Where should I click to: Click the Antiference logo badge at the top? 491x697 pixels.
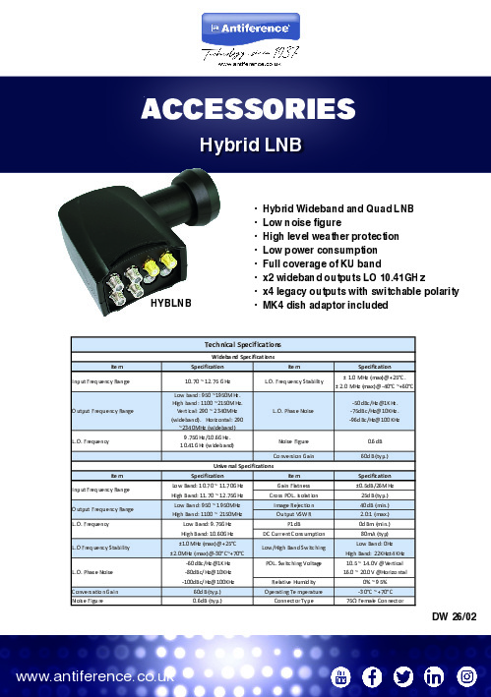click(245, 23)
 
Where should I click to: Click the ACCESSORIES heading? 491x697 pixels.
click(245, 107)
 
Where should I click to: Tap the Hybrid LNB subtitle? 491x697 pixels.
click(245, 145)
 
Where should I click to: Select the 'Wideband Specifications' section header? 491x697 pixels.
click(245, 358)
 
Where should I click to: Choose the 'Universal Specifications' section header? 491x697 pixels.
click(245, 465)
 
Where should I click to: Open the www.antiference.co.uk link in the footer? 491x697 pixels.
click(94, 675)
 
